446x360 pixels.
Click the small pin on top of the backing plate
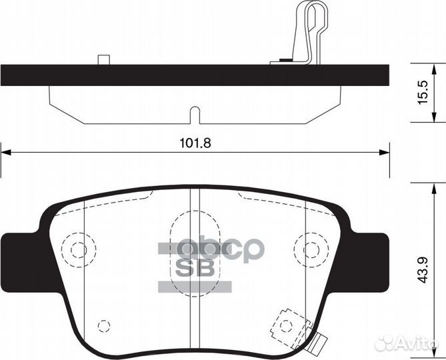103,60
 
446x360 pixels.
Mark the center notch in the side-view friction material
193,116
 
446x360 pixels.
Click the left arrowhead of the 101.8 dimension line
6,153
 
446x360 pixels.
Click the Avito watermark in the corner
407,343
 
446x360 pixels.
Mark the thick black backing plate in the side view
193,74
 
